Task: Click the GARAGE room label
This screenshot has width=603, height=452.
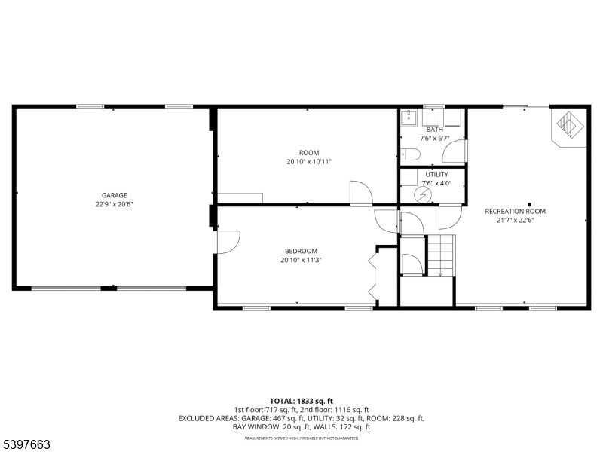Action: pos(115,195)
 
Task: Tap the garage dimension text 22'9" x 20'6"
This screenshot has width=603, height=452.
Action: pos(115,204)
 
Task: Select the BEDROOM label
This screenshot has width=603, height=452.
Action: pos(301,251)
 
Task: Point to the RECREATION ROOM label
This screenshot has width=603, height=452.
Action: pos(516,211)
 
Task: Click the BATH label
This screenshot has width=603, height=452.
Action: pos(435,130)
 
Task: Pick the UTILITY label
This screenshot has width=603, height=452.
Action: pos(437,175)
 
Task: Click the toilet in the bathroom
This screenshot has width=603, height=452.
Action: pos(410,154)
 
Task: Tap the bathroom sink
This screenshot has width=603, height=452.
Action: pos(409,118)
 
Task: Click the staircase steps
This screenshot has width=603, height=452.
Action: pos(442,255)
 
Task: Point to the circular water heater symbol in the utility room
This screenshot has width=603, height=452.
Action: pos(422,195)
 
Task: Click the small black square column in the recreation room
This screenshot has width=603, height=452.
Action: pos(529,204)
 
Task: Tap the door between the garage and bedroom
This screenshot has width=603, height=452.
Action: pos(227,242)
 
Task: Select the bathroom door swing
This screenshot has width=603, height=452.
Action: pos(455,151)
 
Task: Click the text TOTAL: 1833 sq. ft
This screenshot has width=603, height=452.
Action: pos(301,402)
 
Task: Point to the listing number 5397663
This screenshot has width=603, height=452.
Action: pos(26,444)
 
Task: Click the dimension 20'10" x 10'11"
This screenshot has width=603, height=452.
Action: pos(309,162)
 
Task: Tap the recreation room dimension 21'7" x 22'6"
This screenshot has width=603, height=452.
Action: pos(516,220)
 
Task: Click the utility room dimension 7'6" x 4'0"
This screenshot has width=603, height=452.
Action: pos(437,183)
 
